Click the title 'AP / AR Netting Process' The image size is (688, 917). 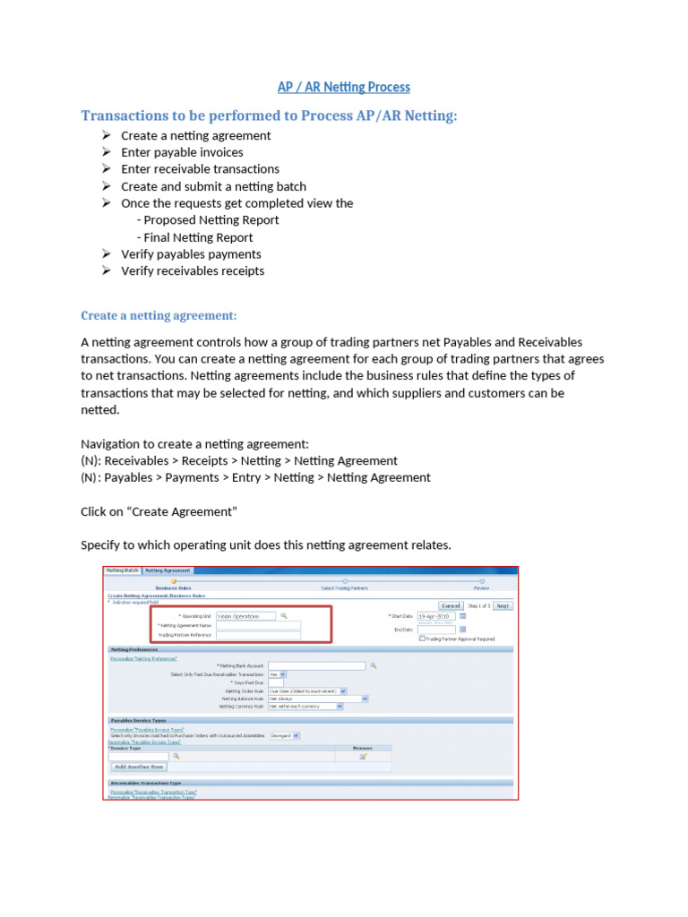343,87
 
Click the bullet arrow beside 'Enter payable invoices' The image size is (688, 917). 106,152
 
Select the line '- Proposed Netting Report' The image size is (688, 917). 208,220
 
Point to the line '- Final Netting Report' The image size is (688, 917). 194,237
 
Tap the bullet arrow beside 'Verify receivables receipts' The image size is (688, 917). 106,270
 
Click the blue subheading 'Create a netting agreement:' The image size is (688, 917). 159,315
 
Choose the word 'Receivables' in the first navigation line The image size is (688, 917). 136,460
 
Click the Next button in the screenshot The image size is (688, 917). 503,605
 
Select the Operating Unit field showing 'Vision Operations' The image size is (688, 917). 245,616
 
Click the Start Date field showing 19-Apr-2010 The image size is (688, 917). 436,616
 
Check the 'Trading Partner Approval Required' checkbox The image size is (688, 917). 423,638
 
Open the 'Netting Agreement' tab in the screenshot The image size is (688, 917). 168,570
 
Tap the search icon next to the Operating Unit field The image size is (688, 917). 284,616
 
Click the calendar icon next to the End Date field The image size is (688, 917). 462,629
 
